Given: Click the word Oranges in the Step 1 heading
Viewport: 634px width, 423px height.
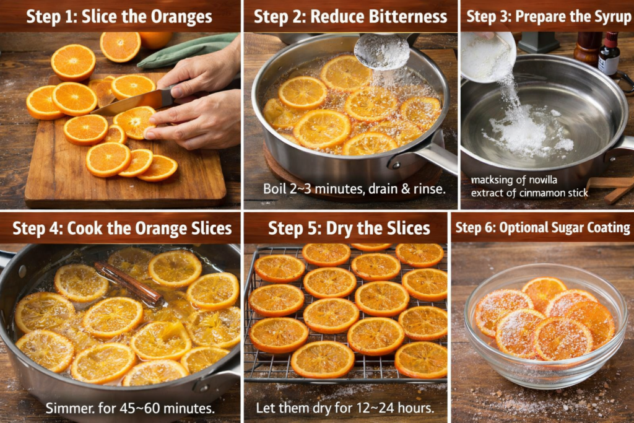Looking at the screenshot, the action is coord(181,17).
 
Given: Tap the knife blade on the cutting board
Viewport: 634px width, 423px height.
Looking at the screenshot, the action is coord(129,104).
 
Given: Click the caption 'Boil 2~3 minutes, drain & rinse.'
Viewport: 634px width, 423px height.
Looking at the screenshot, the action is coord(354,189).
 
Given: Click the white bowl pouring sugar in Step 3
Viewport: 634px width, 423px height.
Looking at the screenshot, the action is coord(488,56).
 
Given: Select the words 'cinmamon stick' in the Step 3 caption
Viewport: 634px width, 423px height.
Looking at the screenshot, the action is coord(554,193).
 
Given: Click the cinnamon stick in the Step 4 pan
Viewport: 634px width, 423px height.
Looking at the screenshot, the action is coord(129,284).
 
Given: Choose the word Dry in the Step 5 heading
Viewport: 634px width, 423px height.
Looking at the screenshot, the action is coord(340,229).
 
